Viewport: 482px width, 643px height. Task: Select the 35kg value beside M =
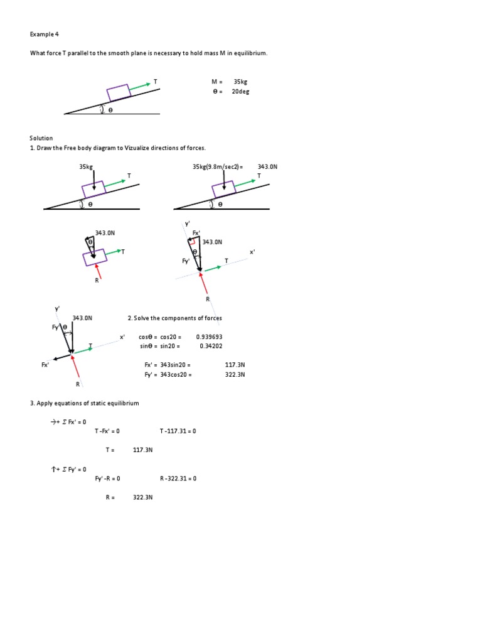click(240, 82)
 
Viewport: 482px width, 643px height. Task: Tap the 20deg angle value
click(241, 91)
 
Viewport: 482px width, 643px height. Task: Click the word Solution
click(41, 138)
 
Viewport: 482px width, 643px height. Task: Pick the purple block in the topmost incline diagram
click(117, 92)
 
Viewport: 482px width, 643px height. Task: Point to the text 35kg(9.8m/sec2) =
click(218, 167)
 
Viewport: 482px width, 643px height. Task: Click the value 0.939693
click(209, 337)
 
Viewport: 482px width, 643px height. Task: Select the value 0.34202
click(211, 346)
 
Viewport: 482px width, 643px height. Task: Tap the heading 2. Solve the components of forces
click(174, 318)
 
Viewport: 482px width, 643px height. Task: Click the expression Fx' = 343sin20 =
click(168, 365)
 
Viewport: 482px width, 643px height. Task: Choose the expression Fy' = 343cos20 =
click(168, 374)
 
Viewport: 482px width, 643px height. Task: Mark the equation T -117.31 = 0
click(178, 431)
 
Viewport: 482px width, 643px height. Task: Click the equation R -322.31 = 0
click(178, 478)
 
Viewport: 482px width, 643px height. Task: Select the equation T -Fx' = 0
click(107, 431)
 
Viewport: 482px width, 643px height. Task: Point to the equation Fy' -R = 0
click(107, 478)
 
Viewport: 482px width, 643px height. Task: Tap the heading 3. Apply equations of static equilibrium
click(84, 403)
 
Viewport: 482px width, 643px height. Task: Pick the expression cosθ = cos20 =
click(160, 337)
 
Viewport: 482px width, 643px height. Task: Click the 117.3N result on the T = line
click(142, 450)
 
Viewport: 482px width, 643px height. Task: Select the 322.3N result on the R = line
click(142, 497)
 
